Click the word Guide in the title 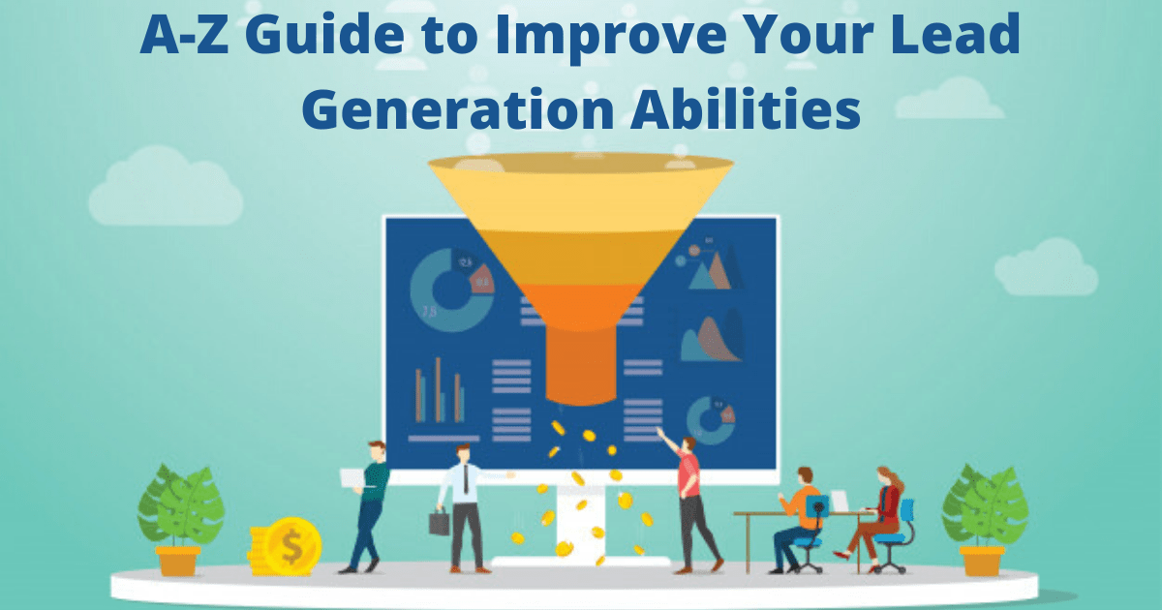(324, 34)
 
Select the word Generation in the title (458, 109)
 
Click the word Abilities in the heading (746, 107)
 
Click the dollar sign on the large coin (291, 547)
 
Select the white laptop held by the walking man (352, 477)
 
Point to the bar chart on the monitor (441, 398)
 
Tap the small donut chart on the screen (711, 420)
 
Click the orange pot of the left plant (178, 561)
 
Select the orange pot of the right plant (982, 561)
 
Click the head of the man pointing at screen (688, 444)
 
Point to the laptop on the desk (840, 501)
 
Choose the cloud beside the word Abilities (949, 99)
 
